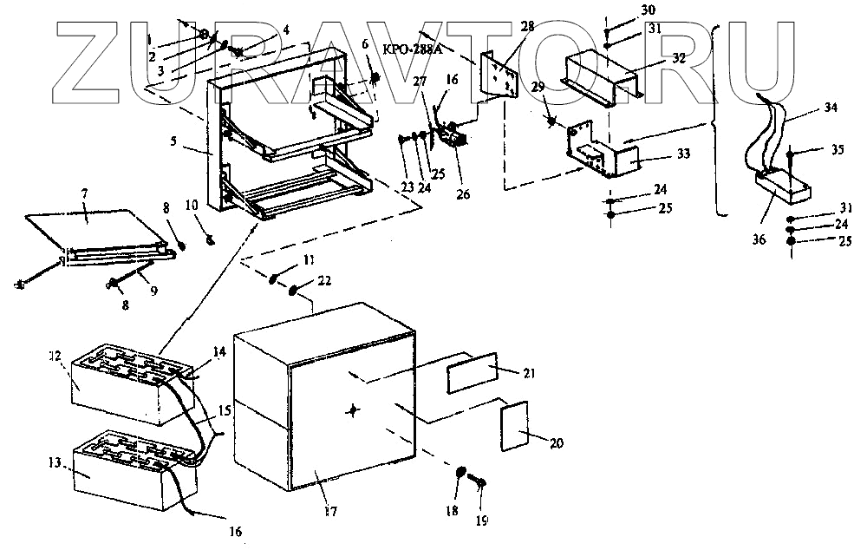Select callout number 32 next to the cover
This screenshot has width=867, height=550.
point(679,60)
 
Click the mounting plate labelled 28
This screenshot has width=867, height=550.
point(498,74)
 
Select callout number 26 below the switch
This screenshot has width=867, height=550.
point(464,193)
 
